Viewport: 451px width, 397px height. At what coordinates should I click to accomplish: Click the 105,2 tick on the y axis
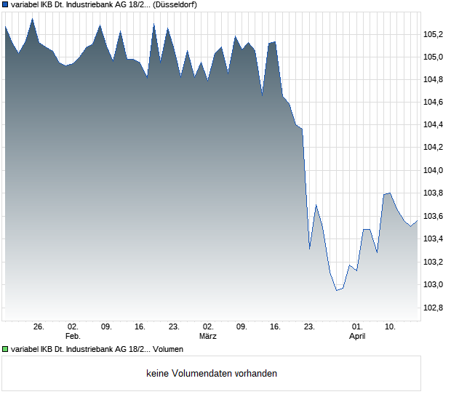(434, 33)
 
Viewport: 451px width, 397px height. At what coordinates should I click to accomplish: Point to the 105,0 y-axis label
(434, 56)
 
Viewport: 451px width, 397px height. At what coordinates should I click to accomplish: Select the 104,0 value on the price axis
(434, 170)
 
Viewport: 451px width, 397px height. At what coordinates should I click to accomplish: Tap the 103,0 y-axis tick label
(434, 284)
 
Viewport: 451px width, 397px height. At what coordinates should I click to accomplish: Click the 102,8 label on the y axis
(434, 308)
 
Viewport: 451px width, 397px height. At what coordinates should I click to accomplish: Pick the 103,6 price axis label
(434, 216)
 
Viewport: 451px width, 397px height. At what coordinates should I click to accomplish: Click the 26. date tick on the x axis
(39, 327)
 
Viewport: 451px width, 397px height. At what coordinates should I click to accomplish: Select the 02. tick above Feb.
(72, 327)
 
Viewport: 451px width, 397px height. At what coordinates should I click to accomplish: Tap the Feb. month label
(72, 337)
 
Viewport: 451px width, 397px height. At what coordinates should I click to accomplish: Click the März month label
(207, 337)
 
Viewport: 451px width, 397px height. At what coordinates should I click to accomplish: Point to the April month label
(356, 337)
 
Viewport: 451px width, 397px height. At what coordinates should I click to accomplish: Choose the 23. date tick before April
(309, 327)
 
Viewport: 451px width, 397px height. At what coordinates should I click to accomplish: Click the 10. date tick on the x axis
(391, 327)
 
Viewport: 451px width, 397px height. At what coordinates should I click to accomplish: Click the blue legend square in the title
(5, 4)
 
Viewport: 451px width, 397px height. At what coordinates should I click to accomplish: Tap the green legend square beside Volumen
(5, 350)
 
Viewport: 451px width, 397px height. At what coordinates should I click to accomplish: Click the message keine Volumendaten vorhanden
(212, 374)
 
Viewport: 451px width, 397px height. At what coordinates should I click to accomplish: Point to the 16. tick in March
(275, 327)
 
